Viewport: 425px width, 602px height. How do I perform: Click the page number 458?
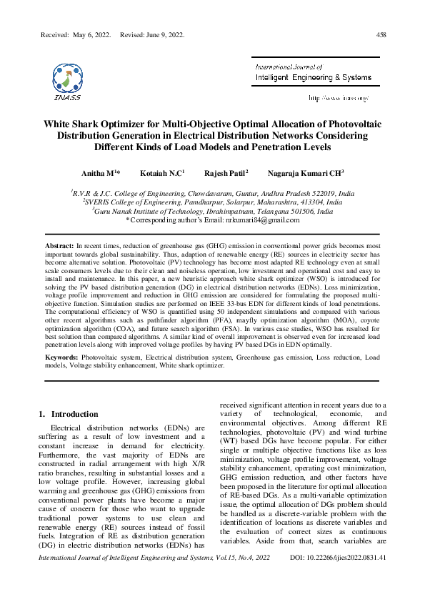click(381, 34)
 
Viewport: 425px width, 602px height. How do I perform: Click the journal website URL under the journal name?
click(338, 97)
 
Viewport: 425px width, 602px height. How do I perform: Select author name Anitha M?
click(100, 173)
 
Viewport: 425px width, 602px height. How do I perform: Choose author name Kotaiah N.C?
click(161, 173)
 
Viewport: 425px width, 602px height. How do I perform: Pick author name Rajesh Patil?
click(225, 173)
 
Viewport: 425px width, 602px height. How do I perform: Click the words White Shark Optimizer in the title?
click(98, 124)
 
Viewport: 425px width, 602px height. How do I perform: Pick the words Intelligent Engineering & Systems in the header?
click(309, 76)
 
